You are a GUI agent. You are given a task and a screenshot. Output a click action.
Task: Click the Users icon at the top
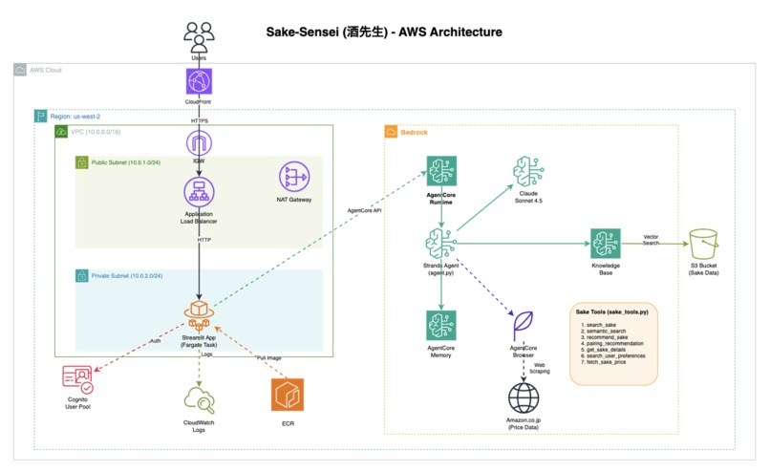point(199,39)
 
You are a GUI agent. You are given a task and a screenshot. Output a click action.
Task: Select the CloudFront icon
point(199,80)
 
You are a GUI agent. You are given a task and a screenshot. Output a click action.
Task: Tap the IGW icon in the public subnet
point(199,143)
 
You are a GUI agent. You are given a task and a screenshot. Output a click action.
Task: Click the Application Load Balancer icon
point(199,191)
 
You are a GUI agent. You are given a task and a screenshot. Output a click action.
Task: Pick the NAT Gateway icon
point(293,178)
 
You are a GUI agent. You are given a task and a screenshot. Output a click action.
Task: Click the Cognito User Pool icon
point(78,380)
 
